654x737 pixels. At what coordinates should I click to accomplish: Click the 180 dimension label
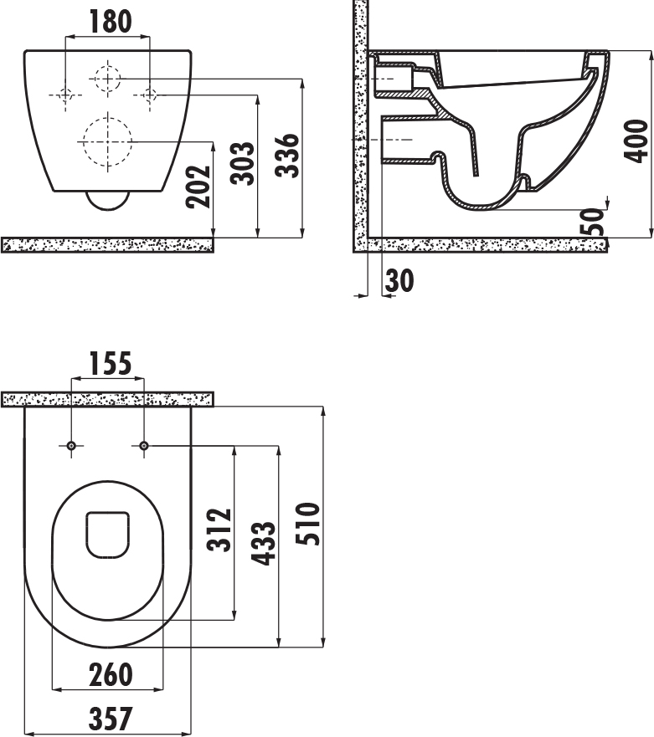(x=111, y=22)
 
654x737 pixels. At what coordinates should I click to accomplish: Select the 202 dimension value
(x=198, y=187)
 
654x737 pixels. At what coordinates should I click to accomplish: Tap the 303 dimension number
(x=242, y=163)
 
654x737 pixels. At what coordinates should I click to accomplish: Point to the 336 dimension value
(x=287, y=156)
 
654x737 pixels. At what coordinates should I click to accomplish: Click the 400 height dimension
(x=636, y=141)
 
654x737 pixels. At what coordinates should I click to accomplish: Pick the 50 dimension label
(x=591, y=222)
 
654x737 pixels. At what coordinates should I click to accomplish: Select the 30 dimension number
(x=399, y=280)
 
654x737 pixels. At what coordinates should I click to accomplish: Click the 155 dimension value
(x=110, y=363)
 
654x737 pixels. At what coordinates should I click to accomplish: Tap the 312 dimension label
(x=219, y=530)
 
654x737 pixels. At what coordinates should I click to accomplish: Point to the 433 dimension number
(x=263, y=543)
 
